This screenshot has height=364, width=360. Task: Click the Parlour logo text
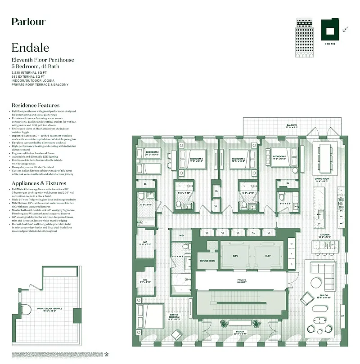(28, 22)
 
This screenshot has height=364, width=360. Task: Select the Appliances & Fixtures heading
(39, 183)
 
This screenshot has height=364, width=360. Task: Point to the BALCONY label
(292, 125)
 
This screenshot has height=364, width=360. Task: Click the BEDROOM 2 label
(153, 152)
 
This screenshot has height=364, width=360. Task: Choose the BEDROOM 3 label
(196, 159)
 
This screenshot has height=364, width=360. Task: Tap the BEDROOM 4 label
(238, 159)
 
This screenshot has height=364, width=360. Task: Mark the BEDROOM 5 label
(279, 157)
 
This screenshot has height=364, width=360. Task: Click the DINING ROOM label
(322, 178)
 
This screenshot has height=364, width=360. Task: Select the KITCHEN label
(325, 235)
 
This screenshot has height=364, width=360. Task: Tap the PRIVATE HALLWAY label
(242, 281)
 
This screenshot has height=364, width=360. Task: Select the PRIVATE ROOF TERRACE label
(49, 309)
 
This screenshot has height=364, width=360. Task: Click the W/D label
(181, 235)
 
